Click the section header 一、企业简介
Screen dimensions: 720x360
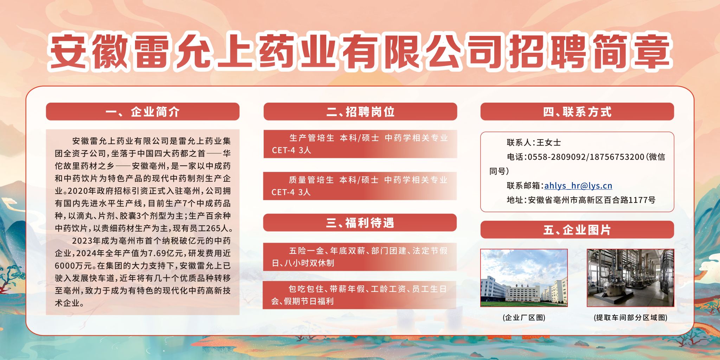point(143,112)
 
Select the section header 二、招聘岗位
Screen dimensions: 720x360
point(360,112)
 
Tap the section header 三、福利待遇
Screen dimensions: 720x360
point(360,223)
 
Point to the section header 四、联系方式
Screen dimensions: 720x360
point(577,112)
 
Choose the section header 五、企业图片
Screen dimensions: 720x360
point(577,230)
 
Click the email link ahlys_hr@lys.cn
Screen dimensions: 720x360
point(578,186)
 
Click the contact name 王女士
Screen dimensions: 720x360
point(549,142)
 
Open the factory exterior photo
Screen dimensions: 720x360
point(524,278)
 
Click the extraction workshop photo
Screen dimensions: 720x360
point(630,278)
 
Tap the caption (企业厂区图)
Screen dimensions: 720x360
point(524,317)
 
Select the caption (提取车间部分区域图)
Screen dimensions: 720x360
point(630,317)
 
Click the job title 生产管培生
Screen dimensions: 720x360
point(311,138)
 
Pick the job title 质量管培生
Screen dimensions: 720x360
point(311,180)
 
